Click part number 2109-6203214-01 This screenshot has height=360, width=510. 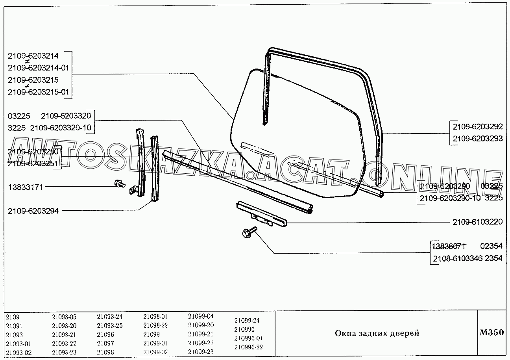(39, 68)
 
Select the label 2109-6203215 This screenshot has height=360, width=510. (33, 80)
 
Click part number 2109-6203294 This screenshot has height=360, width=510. (33, 211)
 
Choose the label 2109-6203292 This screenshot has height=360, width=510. (477, 127)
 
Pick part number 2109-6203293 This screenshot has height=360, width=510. (477, 138)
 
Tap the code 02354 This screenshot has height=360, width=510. (491, 246)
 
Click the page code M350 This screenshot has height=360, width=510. (492, 332)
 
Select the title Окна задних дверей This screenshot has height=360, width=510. (377, 333)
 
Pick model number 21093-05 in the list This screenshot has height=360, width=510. (64, 317)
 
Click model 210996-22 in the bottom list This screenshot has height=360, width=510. (248, 347)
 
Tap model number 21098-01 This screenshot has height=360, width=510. (155, 317)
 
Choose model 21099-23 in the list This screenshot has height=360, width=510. (201, 352)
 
